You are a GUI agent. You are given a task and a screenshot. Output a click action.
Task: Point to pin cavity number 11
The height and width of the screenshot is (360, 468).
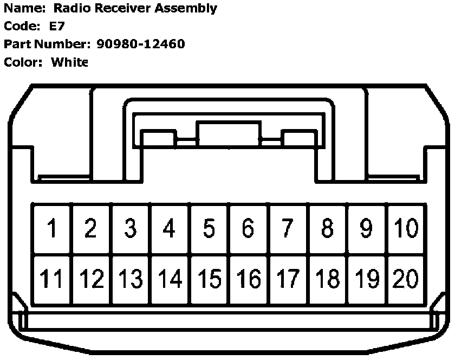[x=52, y=280]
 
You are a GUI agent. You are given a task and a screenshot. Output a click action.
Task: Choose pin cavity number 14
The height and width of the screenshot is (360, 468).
[x=170, y=280]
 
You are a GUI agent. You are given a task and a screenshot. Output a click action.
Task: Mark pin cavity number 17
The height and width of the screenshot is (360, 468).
[x=288, y=280]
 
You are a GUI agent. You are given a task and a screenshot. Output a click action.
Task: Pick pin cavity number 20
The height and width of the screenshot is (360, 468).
[x=405, y=280]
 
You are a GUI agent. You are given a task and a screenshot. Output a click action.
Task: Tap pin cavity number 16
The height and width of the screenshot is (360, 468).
[x=249, y=280]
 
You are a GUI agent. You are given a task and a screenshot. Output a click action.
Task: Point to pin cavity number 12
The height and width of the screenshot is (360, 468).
[x=91, y=280]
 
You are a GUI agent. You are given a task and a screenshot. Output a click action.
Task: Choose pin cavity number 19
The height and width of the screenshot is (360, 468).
[x=367, y=280]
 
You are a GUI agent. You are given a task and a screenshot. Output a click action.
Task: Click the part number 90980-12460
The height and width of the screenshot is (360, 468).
[x=141, y=44]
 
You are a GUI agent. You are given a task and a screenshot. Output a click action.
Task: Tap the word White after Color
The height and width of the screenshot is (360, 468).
[x=69, y=62]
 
